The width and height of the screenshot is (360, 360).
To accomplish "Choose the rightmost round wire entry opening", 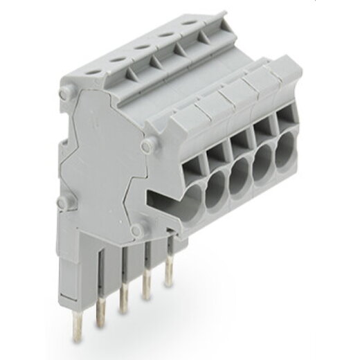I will pos(285,154).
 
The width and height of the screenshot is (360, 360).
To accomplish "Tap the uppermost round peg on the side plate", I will pos(64,91).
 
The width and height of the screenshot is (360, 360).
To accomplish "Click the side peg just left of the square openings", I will pos(146,145).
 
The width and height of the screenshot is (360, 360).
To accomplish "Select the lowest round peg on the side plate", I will pos(136,229).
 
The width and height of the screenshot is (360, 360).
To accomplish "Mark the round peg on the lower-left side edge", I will pos(61,202).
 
